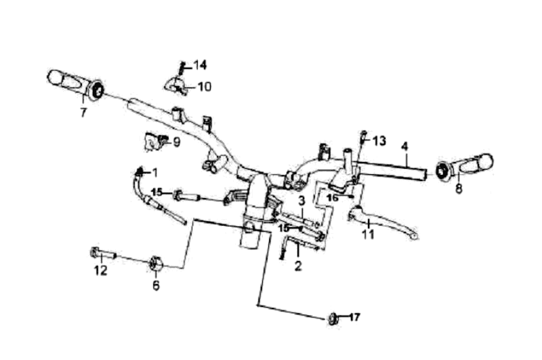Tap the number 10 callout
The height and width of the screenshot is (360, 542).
click(204, 87)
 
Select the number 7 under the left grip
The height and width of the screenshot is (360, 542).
click(83, 113)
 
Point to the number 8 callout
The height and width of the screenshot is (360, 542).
click(459, 190)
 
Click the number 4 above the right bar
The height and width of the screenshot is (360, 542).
click(404, 146)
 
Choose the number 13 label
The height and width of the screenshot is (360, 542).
click(379, 140)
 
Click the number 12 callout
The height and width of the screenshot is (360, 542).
click(100, 271)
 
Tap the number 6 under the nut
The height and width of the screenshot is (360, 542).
click(156, 285)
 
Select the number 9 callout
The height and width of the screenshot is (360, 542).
click(176, 142)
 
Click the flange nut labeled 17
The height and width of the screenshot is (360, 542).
click(333, 318)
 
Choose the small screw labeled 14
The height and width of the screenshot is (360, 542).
click(182, 69)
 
